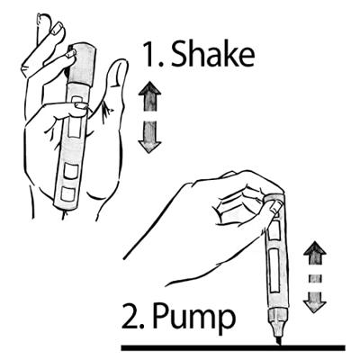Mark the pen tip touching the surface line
click(278, 341)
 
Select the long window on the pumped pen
click(274, 275)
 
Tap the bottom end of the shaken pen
click(64, 203)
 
